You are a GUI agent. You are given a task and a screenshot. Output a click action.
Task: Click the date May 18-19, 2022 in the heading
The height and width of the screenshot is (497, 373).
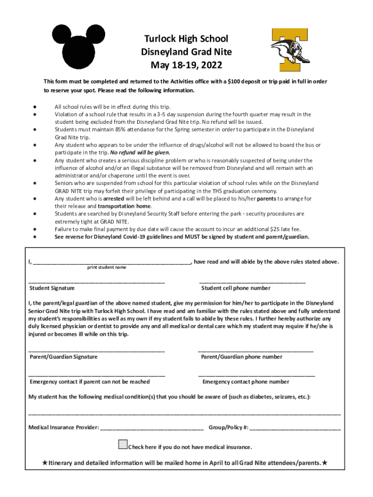(186, 65)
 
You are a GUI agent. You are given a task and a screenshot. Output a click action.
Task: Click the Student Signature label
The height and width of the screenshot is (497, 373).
(52, 288)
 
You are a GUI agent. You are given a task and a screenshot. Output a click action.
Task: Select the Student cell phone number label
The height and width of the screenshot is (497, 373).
(236, 288)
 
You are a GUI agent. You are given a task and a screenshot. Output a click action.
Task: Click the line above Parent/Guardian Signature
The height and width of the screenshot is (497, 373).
(97, 350)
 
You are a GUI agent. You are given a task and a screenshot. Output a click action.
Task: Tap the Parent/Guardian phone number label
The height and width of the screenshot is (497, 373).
(242, 357)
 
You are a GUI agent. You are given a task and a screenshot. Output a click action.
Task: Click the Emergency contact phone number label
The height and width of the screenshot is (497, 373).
(246, 382)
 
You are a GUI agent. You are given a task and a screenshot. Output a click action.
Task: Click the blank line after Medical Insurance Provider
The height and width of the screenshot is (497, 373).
(152, 429)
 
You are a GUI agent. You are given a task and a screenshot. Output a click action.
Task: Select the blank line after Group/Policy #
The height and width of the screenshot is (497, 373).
(295, 429)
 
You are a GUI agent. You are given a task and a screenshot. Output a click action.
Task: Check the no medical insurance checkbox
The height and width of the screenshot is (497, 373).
(123, 445)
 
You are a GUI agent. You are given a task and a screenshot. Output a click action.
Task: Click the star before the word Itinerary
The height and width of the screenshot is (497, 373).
(45, 463)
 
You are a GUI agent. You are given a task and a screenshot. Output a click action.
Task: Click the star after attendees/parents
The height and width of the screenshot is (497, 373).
(325, 463)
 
